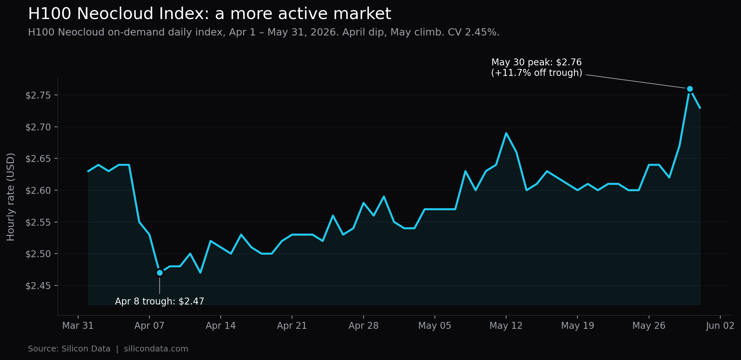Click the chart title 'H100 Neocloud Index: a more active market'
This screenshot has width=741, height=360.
[x=210, y=14]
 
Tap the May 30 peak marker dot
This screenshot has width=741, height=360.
[x=690, y=89]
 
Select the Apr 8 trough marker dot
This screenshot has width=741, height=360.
[x=160, y=273]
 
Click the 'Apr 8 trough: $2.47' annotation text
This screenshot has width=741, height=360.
[x=160, y=301]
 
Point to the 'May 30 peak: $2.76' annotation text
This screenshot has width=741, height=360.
[x=536, y=62]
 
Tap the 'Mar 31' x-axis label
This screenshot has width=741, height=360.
[x=78, y=326]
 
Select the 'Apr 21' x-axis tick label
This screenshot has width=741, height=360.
[x=292, y=326]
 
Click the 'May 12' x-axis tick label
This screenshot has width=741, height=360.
[x=506, y=326]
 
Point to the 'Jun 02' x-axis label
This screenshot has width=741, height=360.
[x=720, y=326]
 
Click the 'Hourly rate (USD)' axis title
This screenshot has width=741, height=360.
[x=11, y=197]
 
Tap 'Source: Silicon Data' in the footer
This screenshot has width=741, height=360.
[x=69, y=349]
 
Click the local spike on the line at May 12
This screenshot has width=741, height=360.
[x=506, y=133]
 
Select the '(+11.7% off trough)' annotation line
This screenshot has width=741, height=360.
[x=537, y=73]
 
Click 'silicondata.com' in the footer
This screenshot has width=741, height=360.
[x=156, y=349]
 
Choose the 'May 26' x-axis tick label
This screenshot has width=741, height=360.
[x=649, y=326]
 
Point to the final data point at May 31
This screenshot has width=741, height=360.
[x=700, y=108]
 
